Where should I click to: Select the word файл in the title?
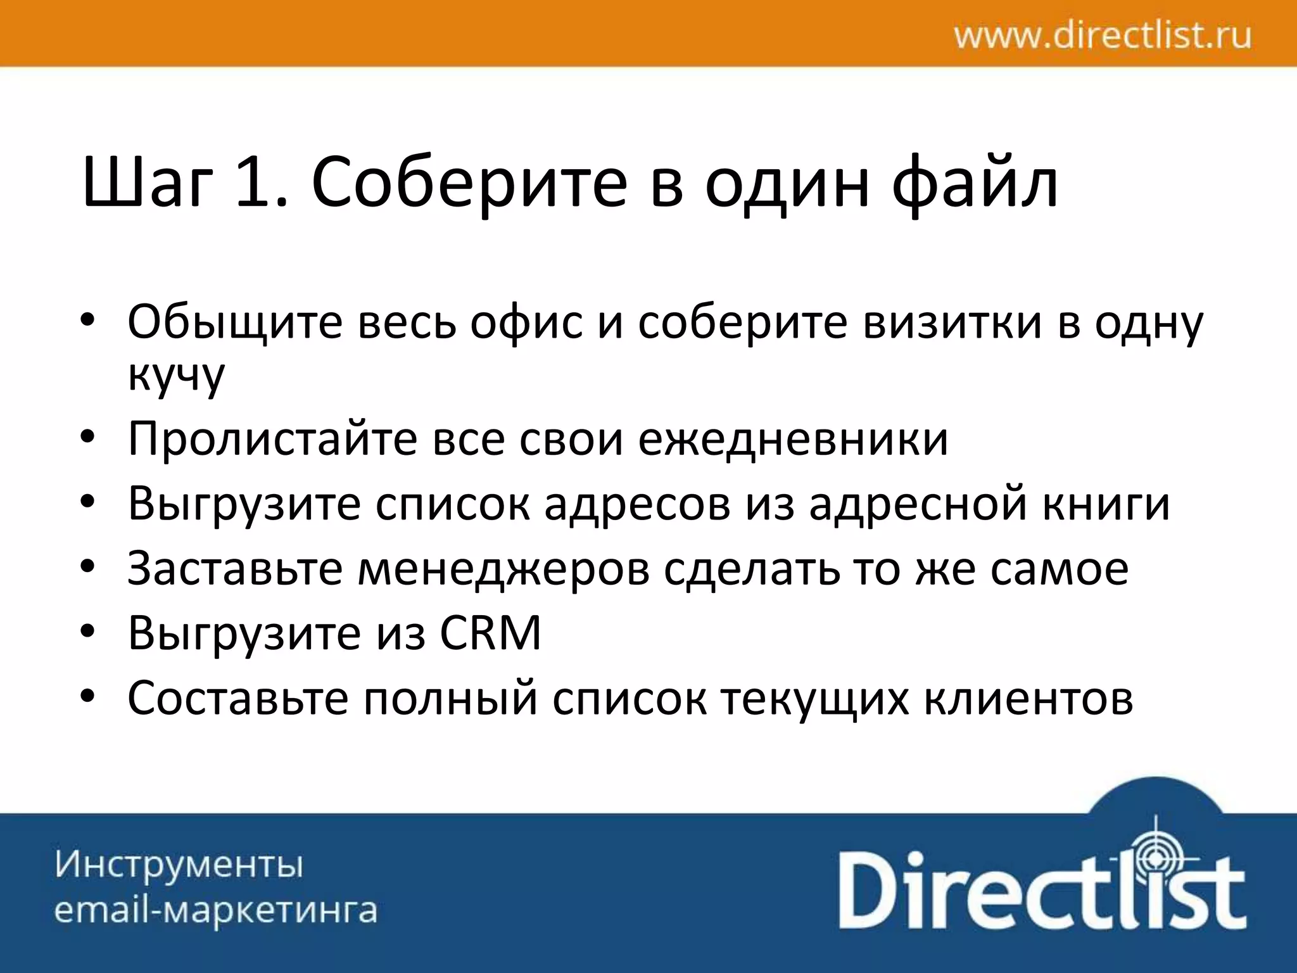tap(975, 184)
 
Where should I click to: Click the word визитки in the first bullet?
tap(953, 322)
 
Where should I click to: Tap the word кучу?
tap(176, 375)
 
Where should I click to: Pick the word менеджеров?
tap(503, 569)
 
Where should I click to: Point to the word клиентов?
tap(1028, 698)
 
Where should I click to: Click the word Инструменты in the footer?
tap(179, 865)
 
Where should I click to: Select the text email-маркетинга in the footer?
tap(215, 910)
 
